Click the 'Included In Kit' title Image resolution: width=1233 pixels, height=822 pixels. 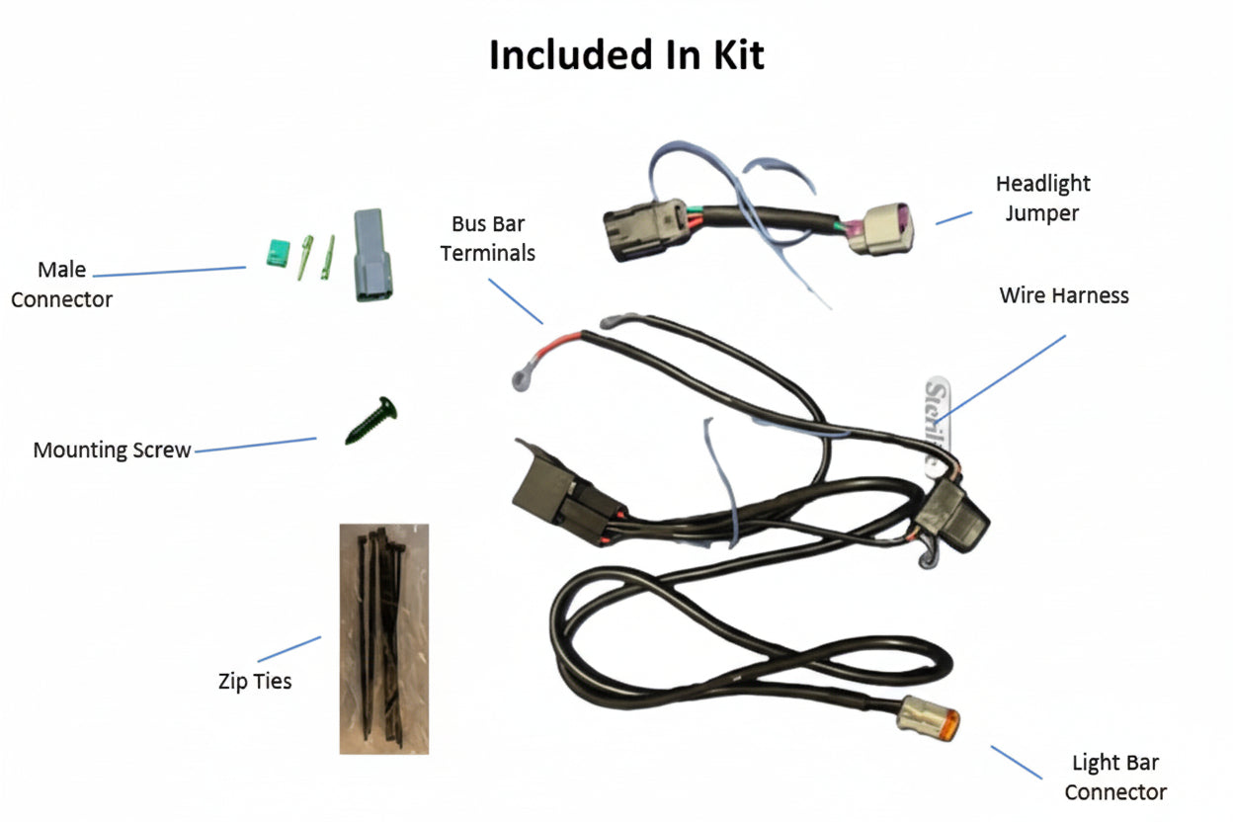click(x=626, y=56)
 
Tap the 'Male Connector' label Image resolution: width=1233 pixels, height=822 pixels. click(x=61, y=285)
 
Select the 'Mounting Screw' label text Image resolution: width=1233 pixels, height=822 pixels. click(x=112, y=451)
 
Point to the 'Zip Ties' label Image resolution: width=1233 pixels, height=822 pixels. click(x=255, y=681)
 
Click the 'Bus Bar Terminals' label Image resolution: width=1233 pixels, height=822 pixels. click(x=488, y=239)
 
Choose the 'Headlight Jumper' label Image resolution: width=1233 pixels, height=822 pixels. click(x=1042, y=198)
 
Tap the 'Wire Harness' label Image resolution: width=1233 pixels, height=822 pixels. click(x=1064, y=295)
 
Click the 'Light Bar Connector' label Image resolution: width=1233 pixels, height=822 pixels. click(x=1115, y=777)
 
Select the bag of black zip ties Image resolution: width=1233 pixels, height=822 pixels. click(x=384, y=638)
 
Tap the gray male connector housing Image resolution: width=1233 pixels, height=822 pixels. click(x=371, y=256)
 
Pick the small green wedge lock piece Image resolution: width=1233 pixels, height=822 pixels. click(x=276, y=255)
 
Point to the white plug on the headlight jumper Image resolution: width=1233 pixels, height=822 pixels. click(x=883, y=229)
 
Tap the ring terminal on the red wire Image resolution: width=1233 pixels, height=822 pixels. click(x=521, y=375)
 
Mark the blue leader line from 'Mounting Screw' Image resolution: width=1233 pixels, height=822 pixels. click(x=255, y=446)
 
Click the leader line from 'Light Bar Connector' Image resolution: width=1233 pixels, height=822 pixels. click(x=1016, y=762)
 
